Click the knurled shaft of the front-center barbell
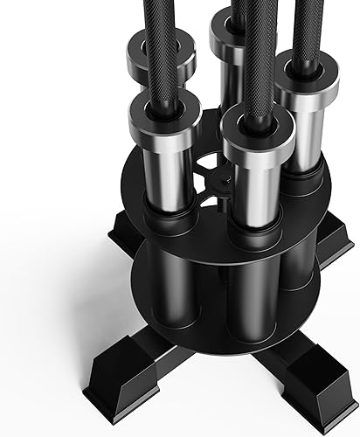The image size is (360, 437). (253, 52)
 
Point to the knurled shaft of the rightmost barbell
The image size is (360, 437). (306, 26)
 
